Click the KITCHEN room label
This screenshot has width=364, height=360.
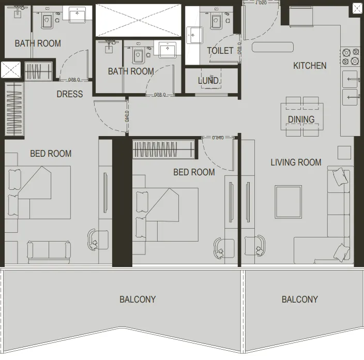[x=310, y=66]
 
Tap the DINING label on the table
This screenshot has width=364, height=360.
[x=301, y=119]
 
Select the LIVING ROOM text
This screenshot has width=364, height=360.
[x=296, y=162]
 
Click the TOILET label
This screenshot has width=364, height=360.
[x=220, y=51]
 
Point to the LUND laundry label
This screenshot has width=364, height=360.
[x=208, y=81]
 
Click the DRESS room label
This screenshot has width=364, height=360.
[x=70, y=94]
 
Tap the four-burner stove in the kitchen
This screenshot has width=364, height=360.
[x=350, y=57]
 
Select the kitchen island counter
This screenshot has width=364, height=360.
[x=272, y=47]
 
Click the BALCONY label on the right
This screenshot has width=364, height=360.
[x=300, y=299]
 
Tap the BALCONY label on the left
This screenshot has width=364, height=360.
[x=138, y=299]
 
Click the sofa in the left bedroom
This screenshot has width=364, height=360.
[x=49, y=251]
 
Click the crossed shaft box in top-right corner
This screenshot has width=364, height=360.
[x=357, y=8]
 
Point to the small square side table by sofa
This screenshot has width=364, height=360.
[x=344, y=153]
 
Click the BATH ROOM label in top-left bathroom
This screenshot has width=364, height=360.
[x=38, y=43]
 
